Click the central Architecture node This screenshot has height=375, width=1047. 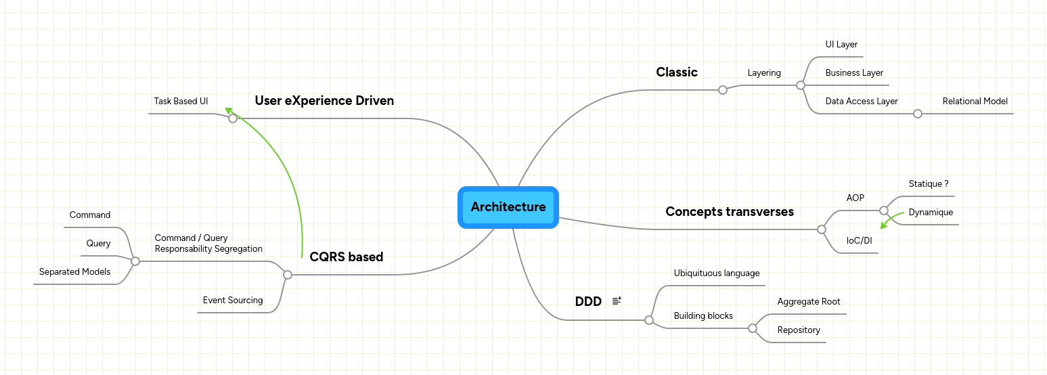(508, 207)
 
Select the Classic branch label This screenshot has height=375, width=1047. (676, 72)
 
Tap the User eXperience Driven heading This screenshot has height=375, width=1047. (324, 101)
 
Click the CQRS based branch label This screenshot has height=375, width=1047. (346, 257)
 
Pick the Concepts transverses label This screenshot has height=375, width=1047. (729, 212)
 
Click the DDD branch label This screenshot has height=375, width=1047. (588, 302)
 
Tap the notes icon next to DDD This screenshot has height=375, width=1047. (617, 301)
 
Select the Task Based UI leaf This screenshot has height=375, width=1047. (181, 102)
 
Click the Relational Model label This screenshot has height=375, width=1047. (975, 102)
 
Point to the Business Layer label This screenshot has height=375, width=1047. (854, 73)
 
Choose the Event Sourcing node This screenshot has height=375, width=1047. (233, 301)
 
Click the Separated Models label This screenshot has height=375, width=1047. (74, 272)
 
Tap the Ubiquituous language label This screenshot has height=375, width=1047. (717, 273)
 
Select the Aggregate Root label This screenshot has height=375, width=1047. (809, 302)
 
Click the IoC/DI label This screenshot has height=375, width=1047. (859, 240)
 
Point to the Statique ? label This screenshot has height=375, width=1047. (928, 184)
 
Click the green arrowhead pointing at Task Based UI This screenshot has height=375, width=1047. (230, 110)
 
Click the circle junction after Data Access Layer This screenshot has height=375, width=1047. (917, 114)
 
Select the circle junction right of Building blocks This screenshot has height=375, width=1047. (752, 328)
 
